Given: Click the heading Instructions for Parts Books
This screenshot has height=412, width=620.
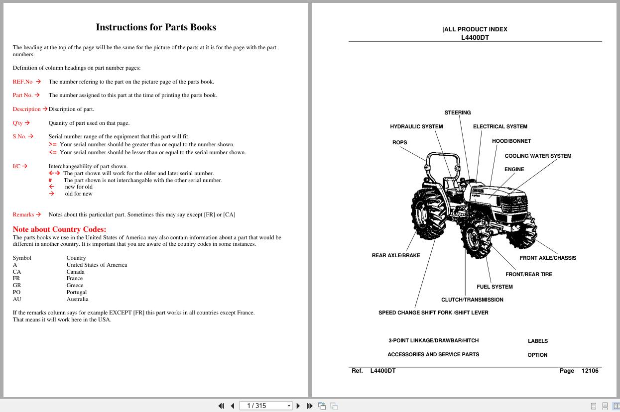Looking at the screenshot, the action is [156, 27].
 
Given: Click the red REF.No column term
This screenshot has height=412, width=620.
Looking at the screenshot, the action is [22, 82].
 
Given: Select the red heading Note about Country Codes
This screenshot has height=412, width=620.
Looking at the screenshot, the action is [59, 229].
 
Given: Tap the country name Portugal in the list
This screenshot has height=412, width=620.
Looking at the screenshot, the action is [77, 292].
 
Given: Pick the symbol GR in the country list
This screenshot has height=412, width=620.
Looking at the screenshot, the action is [17, 285].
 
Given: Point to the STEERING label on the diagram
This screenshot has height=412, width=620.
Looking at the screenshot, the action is [457, 112].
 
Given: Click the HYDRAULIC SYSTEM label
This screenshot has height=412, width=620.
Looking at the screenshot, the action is [416, 126].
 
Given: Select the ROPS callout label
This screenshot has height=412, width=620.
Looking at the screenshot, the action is [399, 142].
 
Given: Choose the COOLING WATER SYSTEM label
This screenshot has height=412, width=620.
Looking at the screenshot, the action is [538, 156].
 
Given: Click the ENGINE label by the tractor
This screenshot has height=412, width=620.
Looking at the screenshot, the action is [514, 169].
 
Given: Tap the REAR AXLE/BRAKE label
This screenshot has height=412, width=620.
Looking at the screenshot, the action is [396, 255].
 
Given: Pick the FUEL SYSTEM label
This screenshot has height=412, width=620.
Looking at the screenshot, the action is [495, 287].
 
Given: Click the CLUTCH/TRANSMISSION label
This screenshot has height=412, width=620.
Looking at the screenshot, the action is [472, 300].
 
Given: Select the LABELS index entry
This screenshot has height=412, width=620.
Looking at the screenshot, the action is [537, 341].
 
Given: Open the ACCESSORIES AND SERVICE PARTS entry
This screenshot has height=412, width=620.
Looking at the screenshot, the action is [433, 354].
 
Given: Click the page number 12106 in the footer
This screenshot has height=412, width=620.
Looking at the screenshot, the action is [590, 371].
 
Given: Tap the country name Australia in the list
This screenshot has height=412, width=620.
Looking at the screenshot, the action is [77, 299].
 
